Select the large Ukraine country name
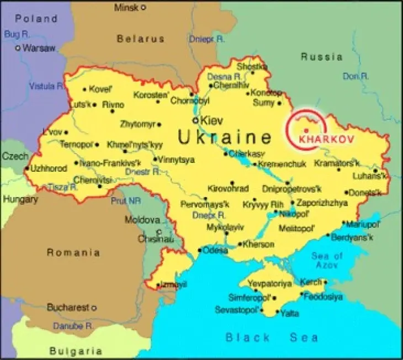[x=225, y=137]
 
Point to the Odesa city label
[x=215, y=250]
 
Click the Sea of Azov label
[x=327, y=261]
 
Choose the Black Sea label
[x=272, y=337]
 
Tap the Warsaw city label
[x=39, y=48]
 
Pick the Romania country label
[x=73, y=253]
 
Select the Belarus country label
[x=140, y=39]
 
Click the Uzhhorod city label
[x=49, y=168]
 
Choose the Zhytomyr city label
[x=138, y=124]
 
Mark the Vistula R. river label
[x=46, y=86]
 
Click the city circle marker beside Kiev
[x=195, y=120]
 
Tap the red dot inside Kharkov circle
[x=306, y=130]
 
